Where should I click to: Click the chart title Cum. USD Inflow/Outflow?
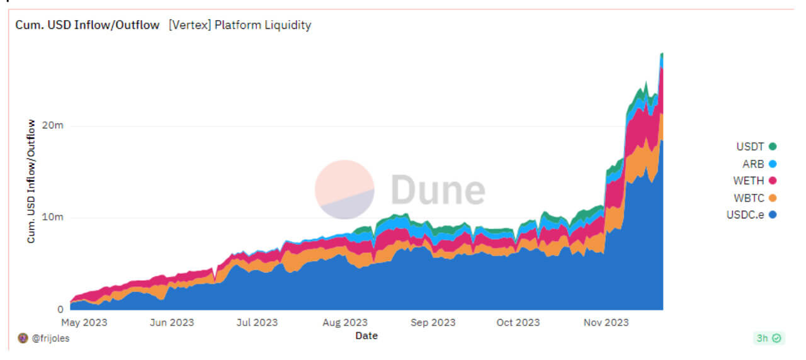[x=88, y=26]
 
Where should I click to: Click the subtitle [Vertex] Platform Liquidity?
[x=240, y=26]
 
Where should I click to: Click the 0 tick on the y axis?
[x=60, y=310]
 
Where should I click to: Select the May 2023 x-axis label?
[x=84, y=323]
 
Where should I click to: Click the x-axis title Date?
[x=366, y=336]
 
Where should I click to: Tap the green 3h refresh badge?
[x=769, y=339]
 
